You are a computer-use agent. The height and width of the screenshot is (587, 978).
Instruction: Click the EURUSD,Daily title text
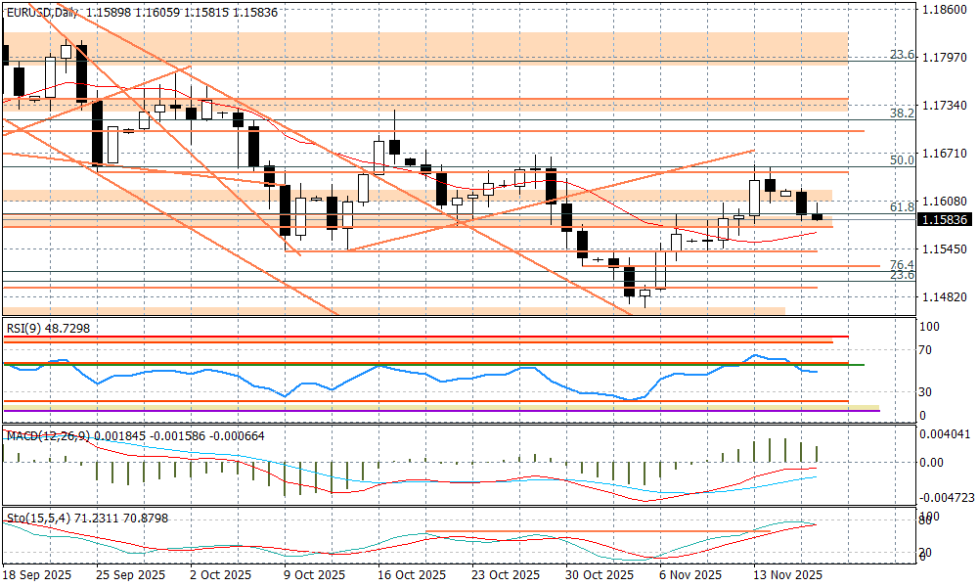42,11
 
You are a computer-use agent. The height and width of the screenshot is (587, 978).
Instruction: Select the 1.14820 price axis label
946,296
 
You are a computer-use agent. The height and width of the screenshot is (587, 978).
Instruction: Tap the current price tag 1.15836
946,220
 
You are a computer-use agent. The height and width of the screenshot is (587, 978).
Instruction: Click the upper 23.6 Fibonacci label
903,55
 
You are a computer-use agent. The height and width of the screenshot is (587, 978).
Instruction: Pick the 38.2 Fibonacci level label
903,113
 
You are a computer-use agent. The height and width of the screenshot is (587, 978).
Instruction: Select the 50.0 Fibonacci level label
903,159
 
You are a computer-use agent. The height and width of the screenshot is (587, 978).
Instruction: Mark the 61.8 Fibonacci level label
903,207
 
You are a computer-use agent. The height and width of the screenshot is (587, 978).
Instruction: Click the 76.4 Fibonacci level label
903,265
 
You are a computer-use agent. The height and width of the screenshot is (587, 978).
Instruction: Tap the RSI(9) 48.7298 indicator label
49,329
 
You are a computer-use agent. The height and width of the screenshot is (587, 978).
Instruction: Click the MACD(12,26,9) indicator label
49,435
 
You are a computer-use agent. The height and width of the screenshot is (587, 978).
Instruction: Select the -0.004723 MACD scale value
946,497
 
